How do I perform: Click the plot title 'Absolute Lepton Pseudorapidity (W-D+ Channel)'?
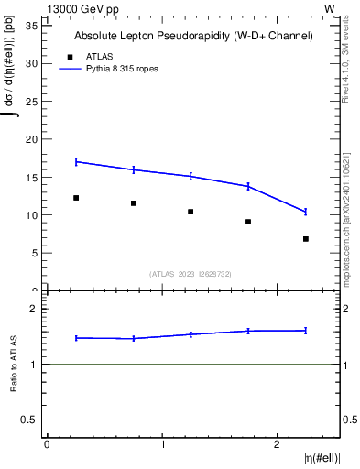pos(193,36)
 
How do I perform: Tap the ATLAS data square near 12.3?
pos(76,198)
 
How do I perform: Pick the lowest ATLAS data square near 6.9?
pos(305,239)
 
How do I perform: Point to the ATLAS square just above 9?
pos(248,222)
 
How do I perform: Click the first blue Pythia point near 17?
pos(76,161)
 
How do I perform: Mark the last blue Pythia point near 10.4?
pos(305,212)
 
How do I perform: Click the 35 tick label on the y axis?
pos(31,26)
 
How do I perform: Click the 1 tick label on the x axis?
pos(162,444)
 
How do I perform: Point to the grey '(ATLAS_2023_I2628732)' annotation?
pos(191,273)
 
